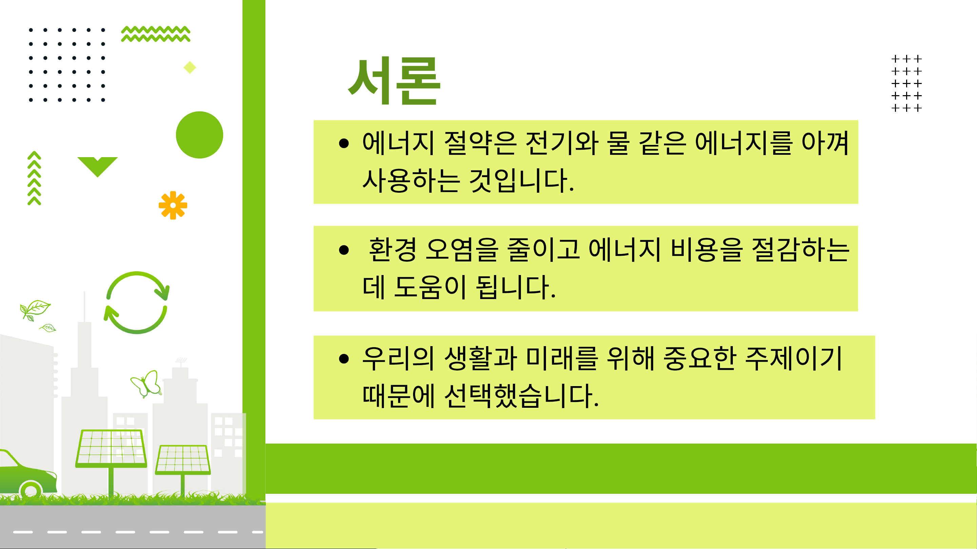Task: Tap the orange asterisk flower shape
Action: [x=173, y=205]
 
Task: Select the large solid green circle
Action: [x=199, y=135]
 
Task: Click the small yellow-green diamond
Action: [x=190, y=67]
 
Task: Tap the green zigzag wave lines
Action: [x=156, y=34]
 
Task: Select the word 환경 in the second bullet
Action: [x=392, y=250]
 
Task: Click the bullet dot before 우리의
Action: [x=344, y=358]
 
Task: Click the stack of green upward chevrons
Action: [x=34, y=178]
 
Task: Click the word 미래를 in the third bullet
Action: [x=562, y=358]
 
